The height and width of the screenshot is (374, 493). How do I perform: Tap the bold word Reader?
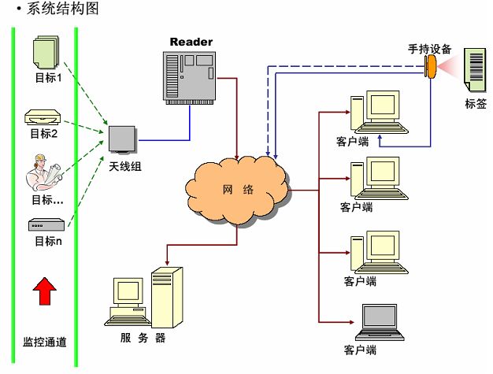click(x=191, y=41)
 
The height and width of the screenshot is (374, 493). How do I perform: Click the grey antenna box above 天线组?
click(x=124, y=140)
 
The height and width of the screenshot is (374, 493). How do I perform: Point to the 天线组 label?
click(x=125, y=166)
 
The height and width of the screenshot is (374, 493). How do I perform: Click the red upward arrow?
click(x=45, y=292)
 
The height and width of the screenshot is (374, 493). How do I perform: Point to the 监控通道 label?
click(x=44, y=342)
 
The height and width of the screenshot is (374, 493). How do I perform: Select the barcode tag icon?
click(x=475, y=71)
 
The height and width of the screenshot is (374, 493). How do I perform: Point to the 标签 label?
click(x=476, y=104)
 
